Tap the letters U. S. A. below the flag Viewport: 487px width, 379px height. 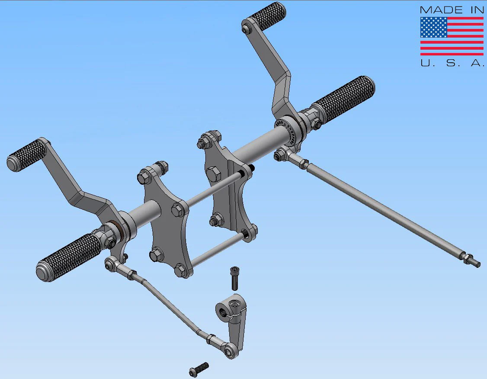pyautogui.click(x=452, y=63)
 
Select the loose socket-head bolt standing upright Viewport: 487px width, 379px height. pyautogui.click(x=235, y=278)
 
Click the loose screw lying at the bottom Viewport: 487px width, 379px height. pyautogui.click(x=199, y=369)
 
